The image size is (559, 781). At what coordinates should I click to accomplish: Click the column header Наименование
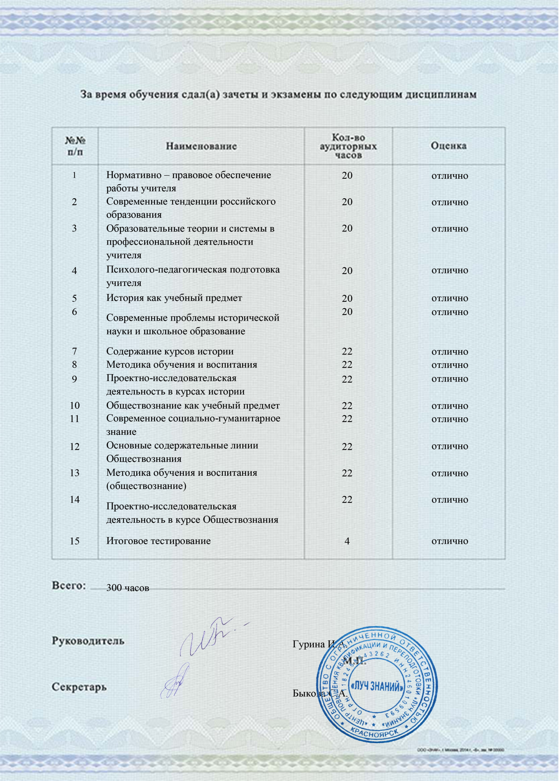point(201,146)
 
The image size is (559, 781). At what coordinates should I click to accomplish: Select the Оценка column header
point(449,146)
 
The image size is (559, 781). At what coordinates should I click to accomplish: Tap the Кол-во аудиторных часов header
point(348,146)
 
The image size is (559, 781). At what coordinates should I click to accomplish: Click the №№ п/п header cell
point(75,146)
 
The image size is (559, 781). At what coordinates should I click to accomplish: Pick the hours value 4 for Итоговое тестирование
point(347,541)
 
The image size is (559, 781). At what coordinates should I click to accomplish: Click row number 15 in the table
point(74,541)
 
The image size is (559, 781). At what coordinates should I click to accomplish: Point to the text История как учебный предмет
point(174,298)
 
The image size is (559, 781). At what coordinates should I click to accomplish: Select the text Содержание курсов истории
point(170,351)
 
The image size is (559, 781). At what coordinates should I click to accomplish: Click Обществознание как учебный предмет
point(193,405)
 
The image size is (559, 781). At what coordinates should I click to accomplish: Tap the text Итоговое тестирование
point(158,541)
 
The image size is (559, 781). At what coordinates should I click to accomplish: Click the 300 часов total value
point(127,587)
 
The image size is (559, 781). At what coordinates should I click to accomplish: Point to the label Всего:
point(69,586)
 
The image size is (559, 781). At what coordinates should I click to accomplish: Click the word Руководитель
point(88,641)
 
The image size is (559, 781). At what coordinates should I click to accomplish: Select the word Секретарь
point(79,687)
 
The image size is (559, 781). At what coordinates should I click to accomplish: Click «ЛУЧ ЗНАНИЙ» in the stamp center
point(377,687)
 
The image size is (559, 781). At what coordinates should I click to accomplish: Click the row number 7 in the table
point(74,351)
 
